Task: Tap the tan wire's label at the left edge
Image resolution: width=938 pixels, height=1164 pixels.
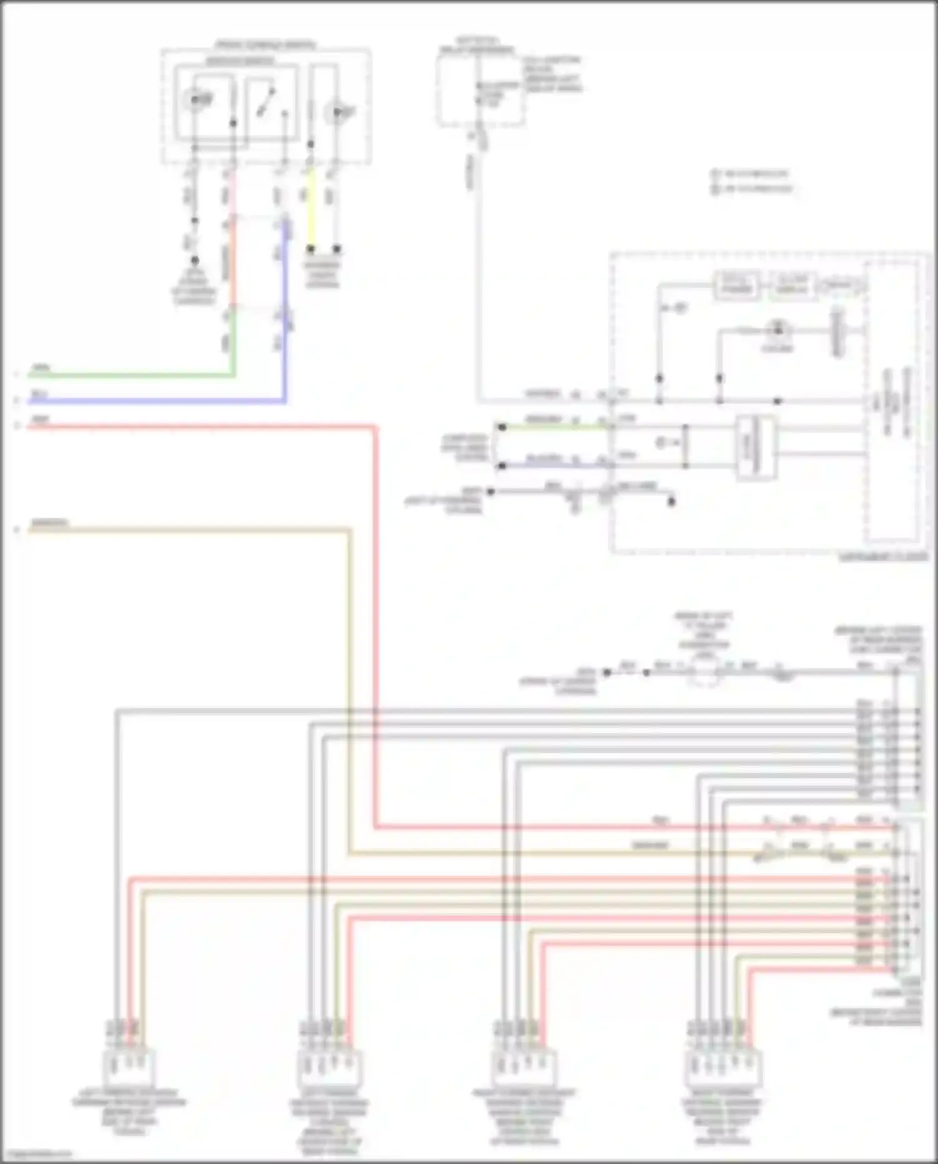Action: click(x=50, y=522)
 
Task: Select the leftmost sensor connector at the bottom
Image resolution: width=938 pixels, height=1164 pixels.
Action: click(x=131, y=1070)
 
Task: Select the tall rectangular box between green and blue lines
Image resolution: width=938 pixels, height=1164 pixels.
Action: click(x=755, y=447)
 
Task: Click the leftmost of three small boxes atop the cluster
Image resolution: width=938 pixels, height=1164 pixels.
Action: click(x=737, y=286)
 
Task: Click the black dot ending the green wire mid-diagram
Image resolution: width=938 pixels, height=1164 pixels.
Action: click(x=501, y=428)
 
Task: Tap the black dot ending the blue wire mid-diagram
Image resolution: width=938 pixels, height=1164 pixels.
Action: click(x=501, y=466)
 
